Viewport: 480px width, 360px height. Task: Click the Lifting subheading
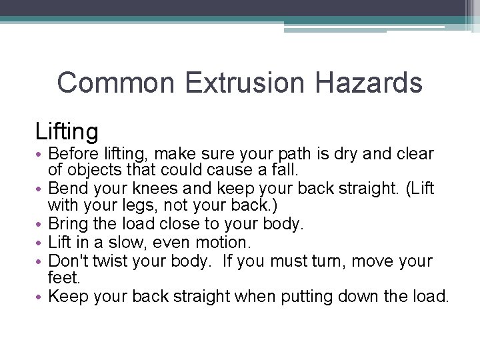tap(67, 131)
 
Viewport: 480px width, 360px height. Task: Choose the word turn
tap(327, 261)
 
